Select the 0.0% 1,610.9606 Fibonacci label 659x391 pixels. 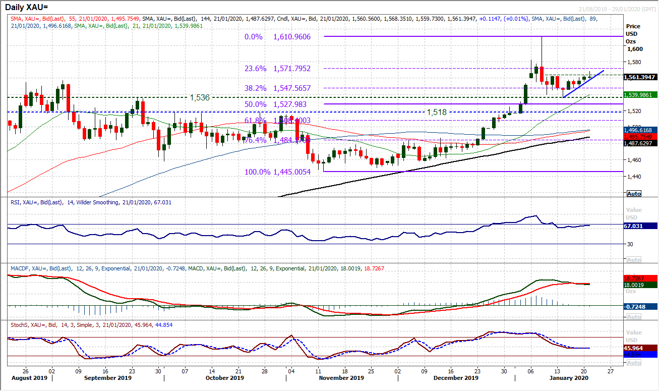tap(284, 37)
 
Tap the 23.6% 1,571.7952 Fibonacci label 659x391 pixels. tap(284, 69)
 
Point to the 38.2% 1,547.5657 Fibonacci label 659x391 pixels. tap(284, 88)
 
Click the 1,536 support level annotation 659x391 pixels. tap(199, 97)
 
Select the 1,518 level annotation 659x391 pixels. tap(437, 112)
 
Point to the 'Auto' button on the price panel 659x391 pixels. tap(634, 194)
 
